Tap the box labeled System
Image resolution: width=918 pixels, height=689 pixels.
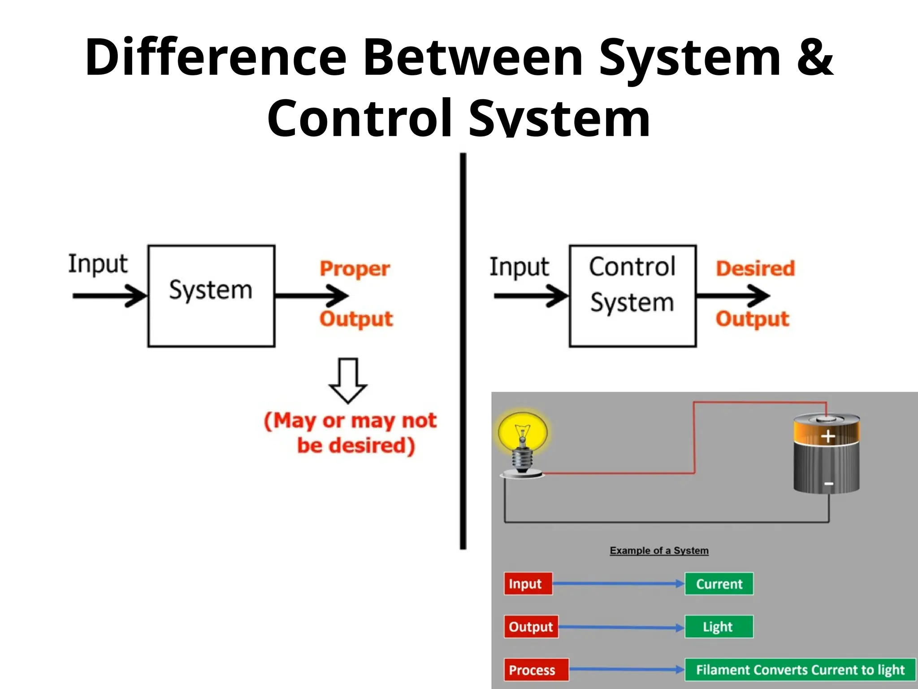(x=211, y=296)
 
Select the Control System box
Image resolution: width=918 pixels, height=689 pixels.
(x=632, y=296)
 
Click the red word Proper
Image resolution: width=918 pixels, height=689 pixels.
(x=355, y=269)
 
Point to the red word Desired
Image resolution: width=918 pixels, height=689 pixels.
(x=755, y=268)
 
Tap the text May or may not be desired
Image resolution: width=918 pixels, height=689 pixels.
(x=350, y=433)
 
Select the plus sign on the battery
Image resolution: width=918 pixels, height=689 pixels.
(x=828, y=436)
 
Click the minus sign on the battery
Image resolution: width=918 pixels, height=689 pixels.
(x=829, y=484)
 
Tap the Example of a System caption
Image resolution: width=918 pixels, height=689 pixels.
(x=659, y=550)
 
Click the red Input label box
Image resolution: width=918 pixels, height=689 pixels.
(x=528, y=584)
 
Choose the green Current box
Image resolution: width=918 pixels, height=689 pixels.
(x=719, y=584)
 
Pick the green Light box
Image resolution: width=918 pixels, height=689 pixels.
(x=719, y=627)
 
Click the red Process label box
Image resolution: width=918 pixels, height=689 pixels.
(x=536, y=670)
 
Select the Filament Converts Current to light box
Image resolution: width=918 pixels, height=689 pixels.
(x=800, y=670)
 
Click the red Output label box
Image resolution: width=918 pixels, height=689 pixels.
(x=531, y=627)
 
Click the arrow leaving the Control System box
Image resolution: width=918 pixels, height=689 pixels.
(x=732, y=296)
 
